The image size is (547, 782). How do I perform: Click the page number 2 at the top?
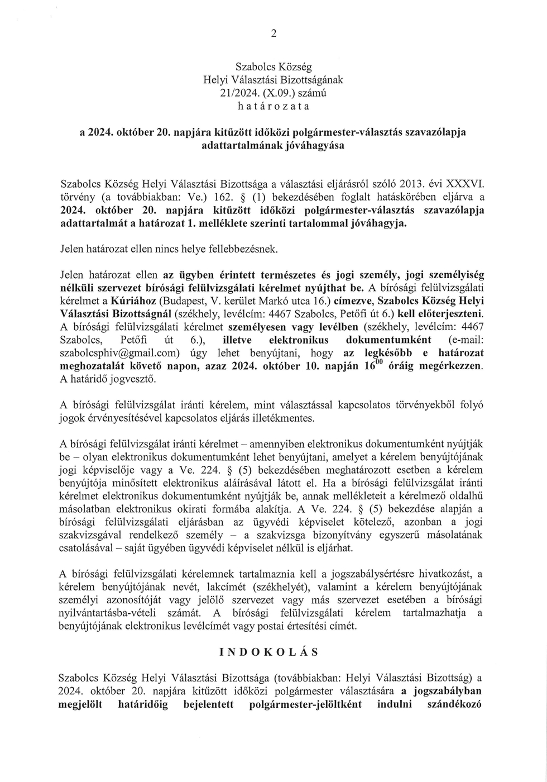coord(273,34)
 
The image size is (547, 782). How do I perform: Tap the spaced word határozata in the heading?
coord(273,106)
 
